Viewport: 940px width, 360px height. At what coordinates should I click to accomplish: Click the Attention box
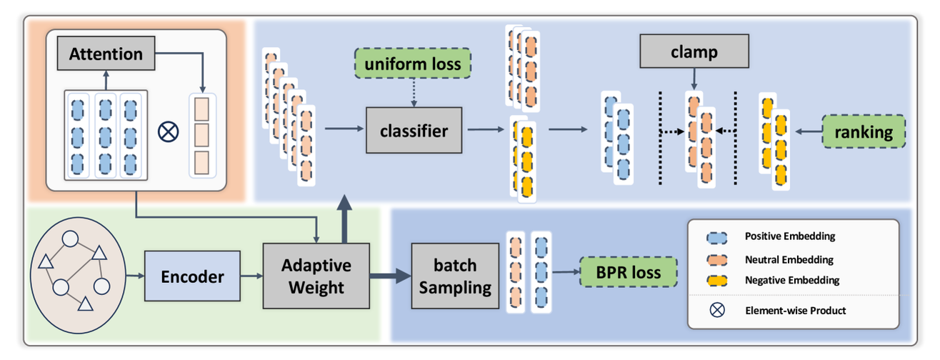coord(106,54)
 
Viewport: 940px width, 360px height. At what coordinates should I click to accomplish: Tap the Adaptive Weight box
coord(316,276)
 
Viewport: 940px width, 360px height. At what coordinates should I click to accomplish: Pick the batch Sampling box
coord(454,276)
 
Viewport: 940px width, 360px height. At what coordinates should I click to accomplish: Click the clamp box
coord(693,53)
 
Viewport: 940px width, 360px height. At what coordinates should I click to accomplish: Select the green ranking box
coord(864,132)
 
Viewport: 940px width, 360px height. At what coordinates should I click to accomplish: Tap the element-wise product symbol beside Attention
coord(169,132)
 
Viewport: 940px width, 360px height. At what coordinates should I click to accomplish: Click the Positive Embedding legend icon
coord(716,236)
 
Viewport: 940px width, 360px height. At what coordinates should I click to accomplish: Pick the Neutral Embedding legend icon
coord(716,259)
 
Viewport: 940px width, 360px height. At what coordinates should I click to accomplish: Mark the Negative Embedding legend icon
coord(716,280)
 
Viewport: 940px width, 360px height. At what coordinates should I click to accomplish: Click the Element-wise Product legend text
coord(795,311)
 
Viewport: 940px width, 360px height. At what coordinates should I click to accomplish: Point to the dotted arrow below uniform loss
coord(413,93)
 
